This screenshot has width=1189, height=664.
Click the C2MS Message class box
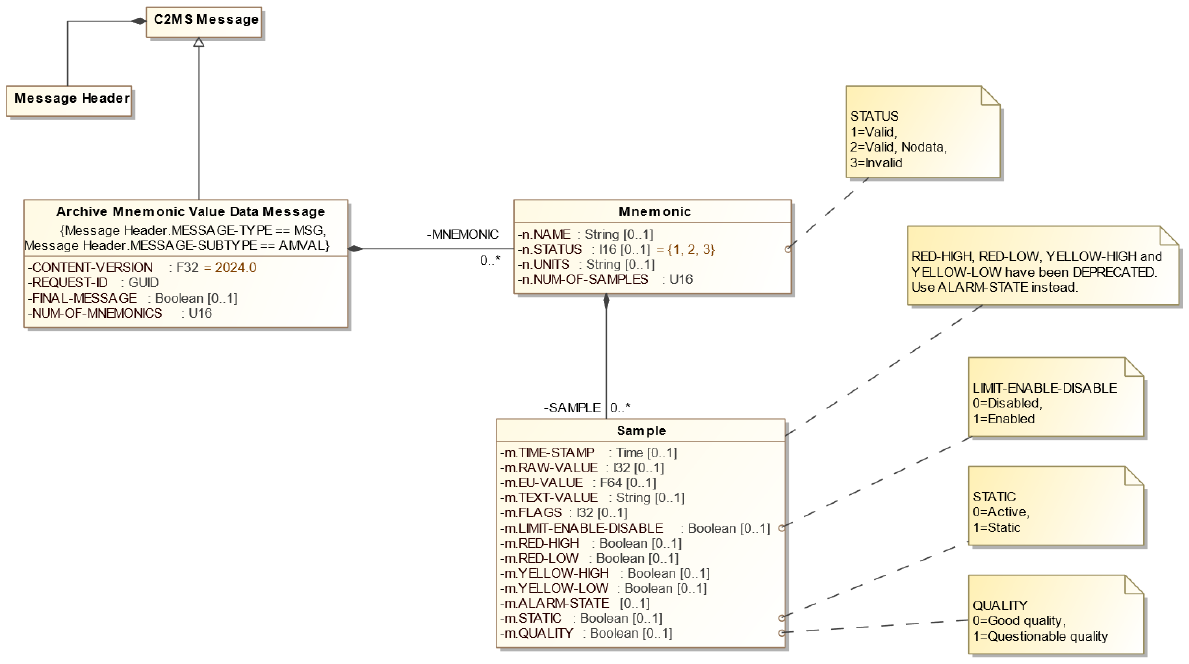(206, 19)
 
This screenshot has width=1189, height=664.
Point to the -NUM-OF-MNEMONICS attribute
(120, 314)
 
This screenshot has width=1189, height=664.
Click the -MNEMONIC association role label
(462, 234)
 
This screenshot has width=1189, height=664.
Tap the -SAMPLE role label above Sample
(573, 408)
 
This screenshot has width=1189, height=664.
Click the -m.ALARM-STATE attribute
(575, 603)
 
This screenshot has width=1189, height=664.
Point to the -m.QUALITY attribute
(586, 633)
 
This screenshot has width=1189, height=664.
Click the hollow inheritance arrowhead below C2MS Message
(199, 44)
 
